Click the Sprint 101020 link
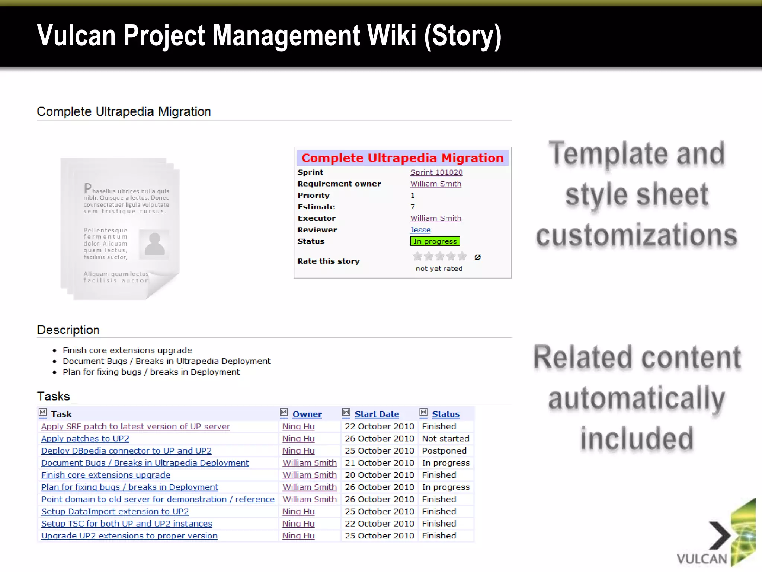coord(436,172)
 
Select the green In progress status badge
coord(435,241)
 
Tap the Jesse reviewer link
coord(420,230)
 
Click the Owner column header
coord(307,414)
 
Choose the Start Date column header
coord(377,414)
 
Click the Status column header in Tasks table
coord(445,414)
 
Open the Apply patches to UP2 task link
coord(85,439)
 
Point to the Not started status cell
coord(445,439)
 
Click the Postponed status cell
coord(444,451)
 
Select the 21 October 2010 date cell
coord(379,463)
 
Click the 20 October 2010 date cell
coord(379,475)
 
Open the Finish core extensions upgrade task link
coord(106,475)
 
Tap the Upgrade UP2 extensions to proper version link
coord(129,536)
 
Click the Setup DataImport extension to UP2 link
coord(115,512)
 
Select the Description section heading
coord(68,330)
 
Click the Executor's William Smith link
coord(436,219)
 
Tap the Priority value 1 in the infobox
coord(412,196)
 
